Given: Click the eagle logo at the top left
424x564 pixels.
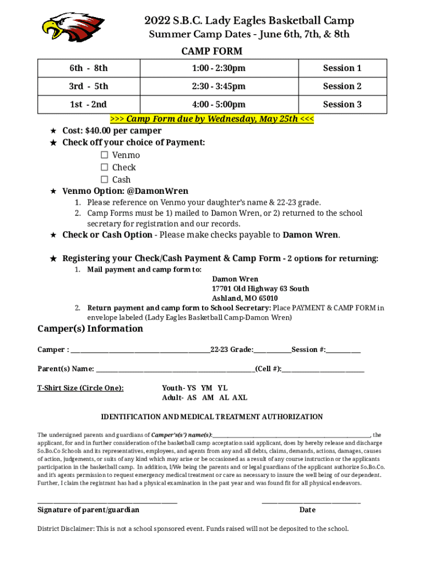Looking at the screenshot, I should pyautogui.click(x=73, y=27).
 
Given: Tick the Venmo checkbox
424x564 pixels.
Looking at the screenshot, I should pyautogui.click(x=104, y=155).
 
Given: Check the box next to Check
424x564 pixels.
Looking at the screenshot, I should pyautogui.click(x=104, y=167).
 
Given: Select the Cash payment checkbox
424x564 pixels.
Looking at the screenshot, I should pyautogui.click(x=104, y=180).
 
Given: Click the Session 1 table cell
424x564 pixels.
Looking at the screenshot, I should pyautogui.click(x=342, y=68).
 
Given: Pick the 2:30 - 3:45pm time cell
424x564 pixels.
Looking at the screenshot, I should pyautogui.click(x=219, y=86).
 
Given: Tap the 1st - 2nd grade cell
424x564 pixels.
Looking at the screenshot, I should pyautogui.click(x=88, y=105).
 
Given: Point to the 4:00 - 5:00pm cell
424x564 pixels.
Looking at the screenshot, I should pyautogui.click(x=219, y=105).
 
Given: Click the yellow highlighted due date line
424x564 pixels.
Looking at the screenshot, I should pyautogui.click(x=212, y=119).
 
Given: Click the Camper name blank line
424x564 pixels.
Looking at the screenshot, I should pyautogui.click(x=140, y=350).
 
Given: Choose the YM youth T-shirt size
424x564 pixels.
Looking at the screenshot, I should pyautogui.click(x=207, y=388).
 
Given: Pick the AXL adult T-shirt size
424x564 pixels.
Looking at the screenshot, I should pyautogui.click(x=240, y=398).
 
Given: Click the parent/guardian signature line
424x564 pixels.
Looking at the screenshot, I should pyautogui.click(x=107, y=501).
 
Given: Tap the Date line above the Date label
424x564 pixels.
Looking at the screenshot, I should pyautogui.click(x=311, y=501).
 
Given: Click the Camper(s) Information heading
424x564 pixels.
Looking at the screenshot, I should pyautogui.click(x=90, y=329).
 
